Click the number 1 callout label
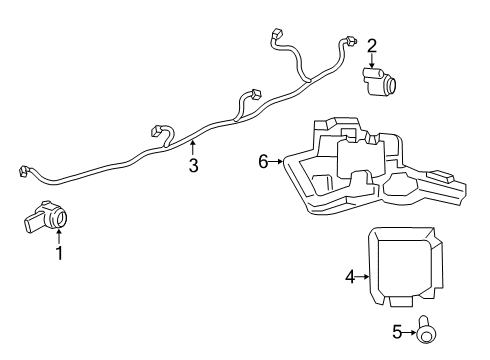[x=59, y=254]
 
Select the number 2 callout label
[x=371, y=45]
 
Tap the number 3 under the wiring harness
[x=193, y=166]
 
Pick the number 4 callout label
[x=350, y=275]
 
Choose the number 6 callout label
[x=264, y=161]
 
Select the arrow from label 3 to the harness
[x=193, y=150]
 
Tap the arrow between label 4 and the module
[x=364, y=275]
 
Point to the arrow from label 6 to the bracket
[x=277, y=161]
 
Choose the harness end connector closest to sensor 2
[x=350, y=40]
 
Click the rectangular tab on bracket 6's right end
[x=443, y=178]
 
